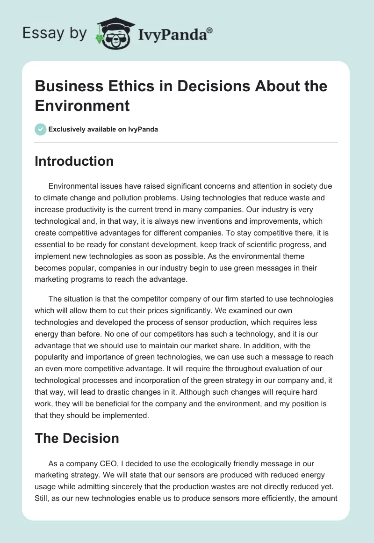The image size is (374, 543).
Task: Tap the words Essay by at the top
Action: (x=55, y=33)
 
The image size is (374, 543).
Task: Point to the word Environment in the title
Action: (x=82, y=105)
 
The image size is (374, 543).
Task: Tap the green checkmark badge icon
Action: (x=41, y=129)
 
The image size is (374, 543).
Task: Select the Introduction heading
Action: (x=74, y=161)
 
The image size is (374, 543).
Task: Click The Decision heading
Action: (x=77, y=438)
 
